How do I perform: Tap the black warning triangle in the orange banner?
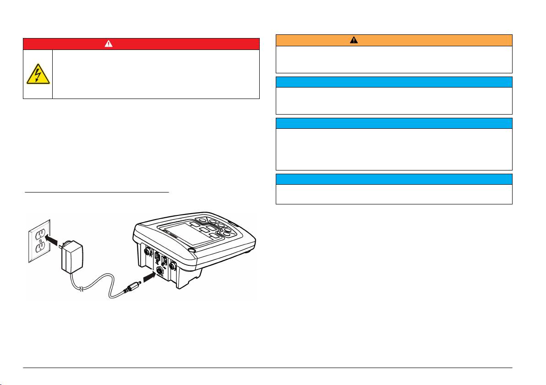tap(354, 40)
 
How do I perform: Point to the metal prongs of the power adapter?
tap(60, 248)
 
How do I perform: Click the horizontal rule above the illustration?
tap(97, 193)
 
